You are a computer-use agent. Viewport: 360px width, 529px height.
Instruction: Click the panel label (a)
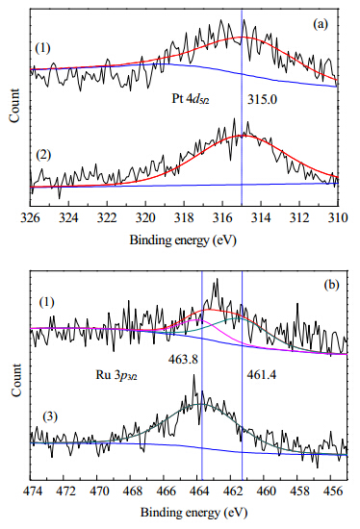[x=321, y=24]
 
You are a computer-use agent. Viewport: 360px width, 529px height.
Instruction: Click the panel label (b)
[x=331, y=285]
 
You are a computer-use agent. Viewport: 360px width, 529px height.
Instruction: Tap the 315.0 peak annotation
[x=262, y=99]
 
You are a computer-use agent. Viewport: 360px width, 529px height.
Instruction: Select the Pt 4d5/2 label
[x=191, y=99]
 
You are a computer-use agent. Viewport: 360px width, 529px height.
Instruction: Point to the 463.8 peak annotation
[x=183, y=359]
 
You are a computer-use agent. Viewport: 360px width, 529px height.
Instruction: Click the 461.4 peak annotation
[x=262, y=375]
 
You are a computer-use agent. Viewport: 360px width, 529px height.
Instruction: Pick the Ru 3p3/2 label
[x=116, y=375]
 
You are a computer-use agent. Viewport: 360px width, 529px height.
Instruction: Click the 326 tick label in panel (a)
[x=30, y=218]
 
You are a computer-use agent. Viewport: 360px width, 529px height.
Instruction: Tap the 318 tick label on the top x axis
[x=184, y=218]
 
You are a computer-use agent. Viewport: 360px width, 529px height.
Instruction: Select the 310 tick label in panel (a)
[x=338, y=218]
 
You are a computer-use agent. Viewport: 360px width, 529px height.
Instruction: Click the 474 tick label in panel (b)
[x=31, y=491]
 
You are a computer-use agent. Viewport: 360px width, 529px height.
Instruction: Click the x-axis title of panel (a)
[x=183, y=240]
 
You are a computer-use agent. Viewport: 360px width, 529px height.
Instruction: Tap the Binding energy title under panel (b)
[x=193, y=513]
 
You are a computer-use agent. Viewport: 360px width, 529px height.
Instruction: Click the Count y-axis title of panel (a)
[x=14, y=106]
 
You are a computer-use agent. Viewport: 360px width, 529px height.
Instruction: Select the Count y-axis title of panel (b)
[x=15, y=380]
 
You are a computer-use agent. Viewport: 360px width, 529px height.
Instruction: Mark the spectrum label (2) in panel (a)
[x=43, y=155]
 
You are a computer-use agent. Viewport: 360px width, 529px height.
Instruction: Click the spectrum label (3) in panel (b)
[x=50, y=417]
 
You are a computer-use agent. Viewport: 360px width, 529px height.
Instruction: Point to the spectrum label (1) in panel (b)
[x=46, y=302]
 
